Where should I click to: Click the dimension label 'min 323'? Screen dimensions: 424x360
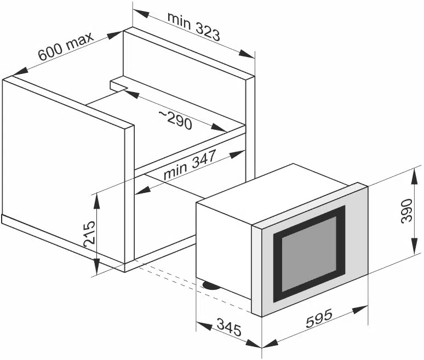coord(193,26)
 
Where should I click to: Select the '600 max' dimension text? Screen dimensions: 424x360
coord(66,46)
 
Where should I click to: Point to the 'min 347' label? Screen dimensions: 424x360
coord(190,164)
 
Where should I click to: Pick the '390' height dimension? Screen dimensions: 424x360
coord(406,211)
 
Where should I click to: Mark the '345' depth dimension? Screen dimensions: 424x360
coord(229,327)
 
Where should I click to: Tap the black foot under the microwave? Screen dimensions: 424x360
coord(211,285)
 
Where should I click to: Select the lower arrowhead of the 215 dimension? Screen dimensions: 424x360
coord(96,266)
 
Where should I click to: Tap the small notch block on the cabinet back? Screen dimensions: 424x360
coord(119,85)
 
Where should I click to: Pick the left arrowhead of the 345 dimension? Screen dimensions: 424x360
coord(204,326)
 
